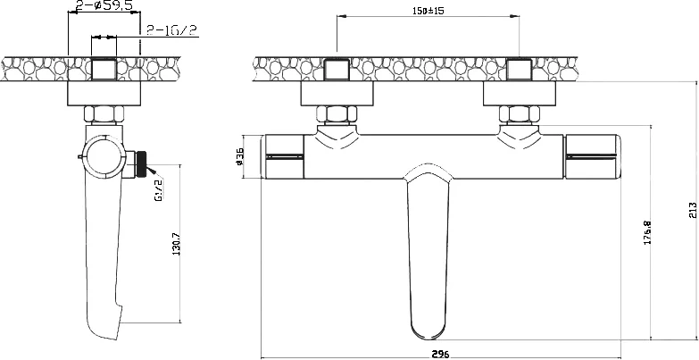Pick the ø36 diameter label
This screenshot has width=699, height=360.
[x=239, y=157]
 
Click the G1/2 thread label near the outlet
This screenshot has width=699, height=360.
[x=158, y=189]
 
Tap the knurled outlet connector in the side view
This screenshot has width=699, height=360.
[x=139, y=163]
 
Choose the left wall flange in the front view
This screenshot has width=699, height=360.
[x=337, y=94]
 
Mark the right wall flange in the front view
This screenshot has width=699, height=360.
[x=520, y=94]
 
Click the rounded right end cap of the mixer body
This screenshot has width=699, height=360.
[x=598, y=157]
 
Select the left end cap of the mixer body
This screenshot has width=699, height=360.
[x=284, y=157]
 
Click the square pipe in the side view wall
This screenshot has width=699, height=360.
[x=104, y=69]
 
